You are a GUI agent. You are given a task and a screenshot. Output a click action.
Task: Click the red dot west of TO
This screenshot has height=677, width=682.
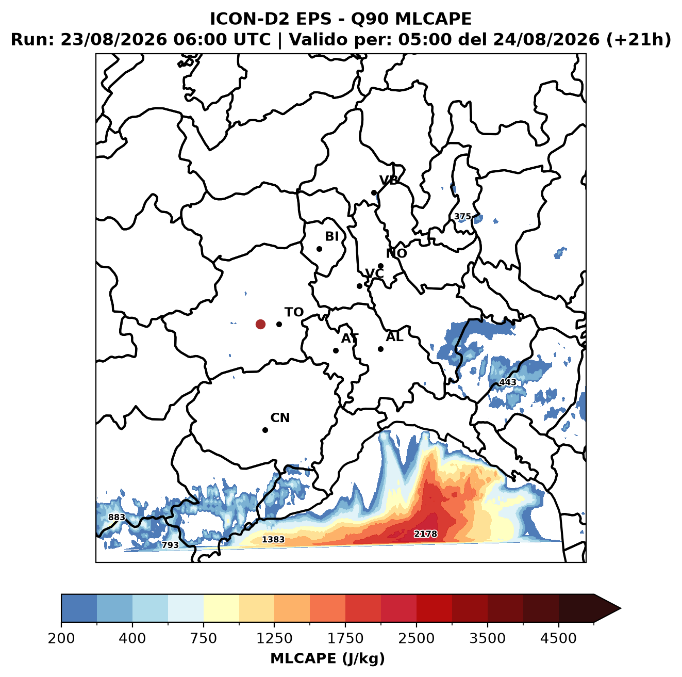point(260,324)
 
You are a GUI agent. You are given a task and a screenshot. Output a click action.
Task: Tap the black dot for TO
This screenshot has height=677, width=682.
point(279,324)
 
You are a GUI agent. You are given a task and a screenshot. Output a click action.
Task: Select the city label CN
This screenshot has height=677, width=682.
point(280,418)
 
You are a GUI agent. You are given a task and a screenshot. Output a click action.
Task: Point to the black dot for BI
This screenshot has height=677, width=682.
point(319,249)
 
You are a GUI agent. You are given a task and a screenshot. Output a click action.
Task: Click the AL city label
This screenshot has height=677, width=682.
point(394,337)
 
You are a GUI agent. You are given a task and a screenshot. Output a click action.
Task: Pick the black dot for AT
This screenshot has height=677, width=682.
point(336,351)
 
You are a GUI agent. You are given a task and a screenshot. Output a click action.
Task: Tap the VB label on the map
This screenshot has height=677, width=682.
point(389,180)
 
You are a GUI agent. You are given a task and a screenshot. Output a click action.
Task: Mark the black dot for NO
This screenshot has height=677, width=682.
point(380,266)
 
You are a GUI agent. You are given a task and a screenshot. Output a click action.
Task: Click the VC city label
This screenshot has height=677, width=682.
point(374,273)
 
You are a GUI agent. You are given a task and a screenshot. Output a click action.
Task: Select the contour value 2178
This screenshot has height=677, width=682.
point(425,534)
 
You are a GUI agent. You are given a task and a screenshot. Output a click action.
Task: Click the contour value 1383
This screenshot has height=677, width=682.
point(273,539)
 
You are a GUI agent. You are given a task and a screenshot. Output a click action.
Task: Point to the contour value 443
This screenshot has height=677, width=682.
point(508,382)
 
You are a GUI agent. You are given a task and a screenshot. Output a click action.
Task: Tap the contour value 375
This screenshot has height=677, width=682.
point(462,216)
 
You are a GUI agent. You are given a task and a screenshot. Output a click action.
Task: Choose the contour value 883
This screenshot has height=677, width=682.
point(117,517)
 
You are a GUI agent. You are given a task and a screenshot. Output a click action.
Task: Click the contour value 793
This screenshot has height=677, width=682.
point(170,545)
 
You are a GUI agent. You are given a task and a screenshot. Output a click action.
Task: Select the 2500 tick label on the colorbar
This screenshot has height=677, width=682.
point(416,638)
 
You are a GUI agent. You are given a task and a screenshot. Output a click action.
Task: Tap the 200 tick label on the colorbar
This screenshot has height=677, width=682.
point(61,638)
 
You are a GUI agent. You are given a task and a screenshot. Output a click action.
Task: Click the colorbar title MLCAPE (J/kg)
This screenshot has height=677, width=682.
point(327,658)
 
